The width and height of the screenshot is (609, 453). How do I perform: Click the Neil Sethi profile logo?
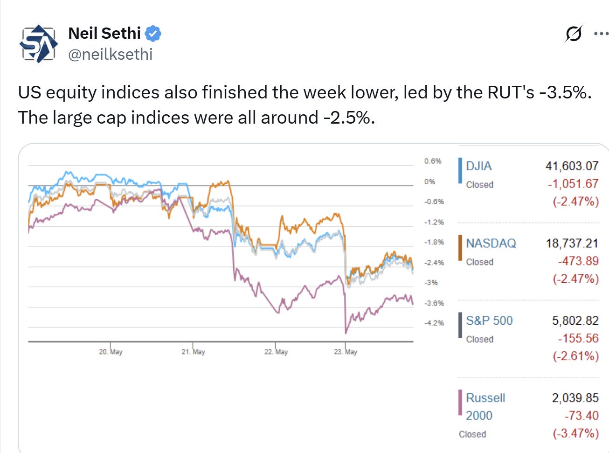[38, 43]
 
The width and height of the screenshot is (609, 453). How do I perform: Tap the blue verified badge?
[153, 34]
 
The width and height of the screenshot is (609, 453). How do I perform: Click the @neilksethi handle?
[111, 55]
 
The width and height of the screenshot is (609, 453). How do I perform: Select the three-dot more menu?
[601, 34]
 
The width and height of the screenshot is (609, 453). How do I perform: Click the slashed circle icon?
[574, 34]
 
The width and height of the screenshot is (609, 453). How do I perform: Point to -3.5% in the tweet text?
[565, 92]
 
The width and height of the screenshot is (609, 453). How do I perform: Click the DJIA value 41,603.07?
[572, 166]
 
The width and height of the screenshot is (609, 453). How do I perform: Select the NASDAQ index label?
[491, 243]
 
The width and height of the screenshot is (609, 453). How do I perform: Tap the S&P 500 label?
[489, 321]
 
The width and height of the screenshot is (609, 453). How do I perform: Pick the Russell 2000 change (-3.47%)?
[575, 433]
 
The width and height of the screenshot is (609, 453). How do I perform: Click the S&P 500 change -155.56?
[578, 338]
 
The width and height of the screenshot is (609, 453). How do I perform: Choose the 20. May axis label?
[111, 352]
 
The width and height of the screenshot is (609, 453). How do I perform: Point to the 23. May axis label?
[346, 352]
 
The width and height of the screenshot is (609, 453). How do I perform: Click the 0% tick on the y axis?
[429, 181]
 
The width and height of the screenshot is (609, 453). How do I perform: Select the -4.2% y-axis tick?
[434, 323]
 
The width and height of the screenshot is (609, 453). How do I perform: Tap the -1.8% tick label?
[434, 242]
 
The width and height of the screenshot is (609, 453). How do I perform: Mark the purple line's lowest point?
[346, 333]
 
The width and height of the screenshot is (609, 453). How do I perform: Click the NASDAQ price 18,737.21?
[572, 243]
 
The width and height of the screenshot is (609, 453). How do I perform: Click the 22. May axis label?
[276, 352]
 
